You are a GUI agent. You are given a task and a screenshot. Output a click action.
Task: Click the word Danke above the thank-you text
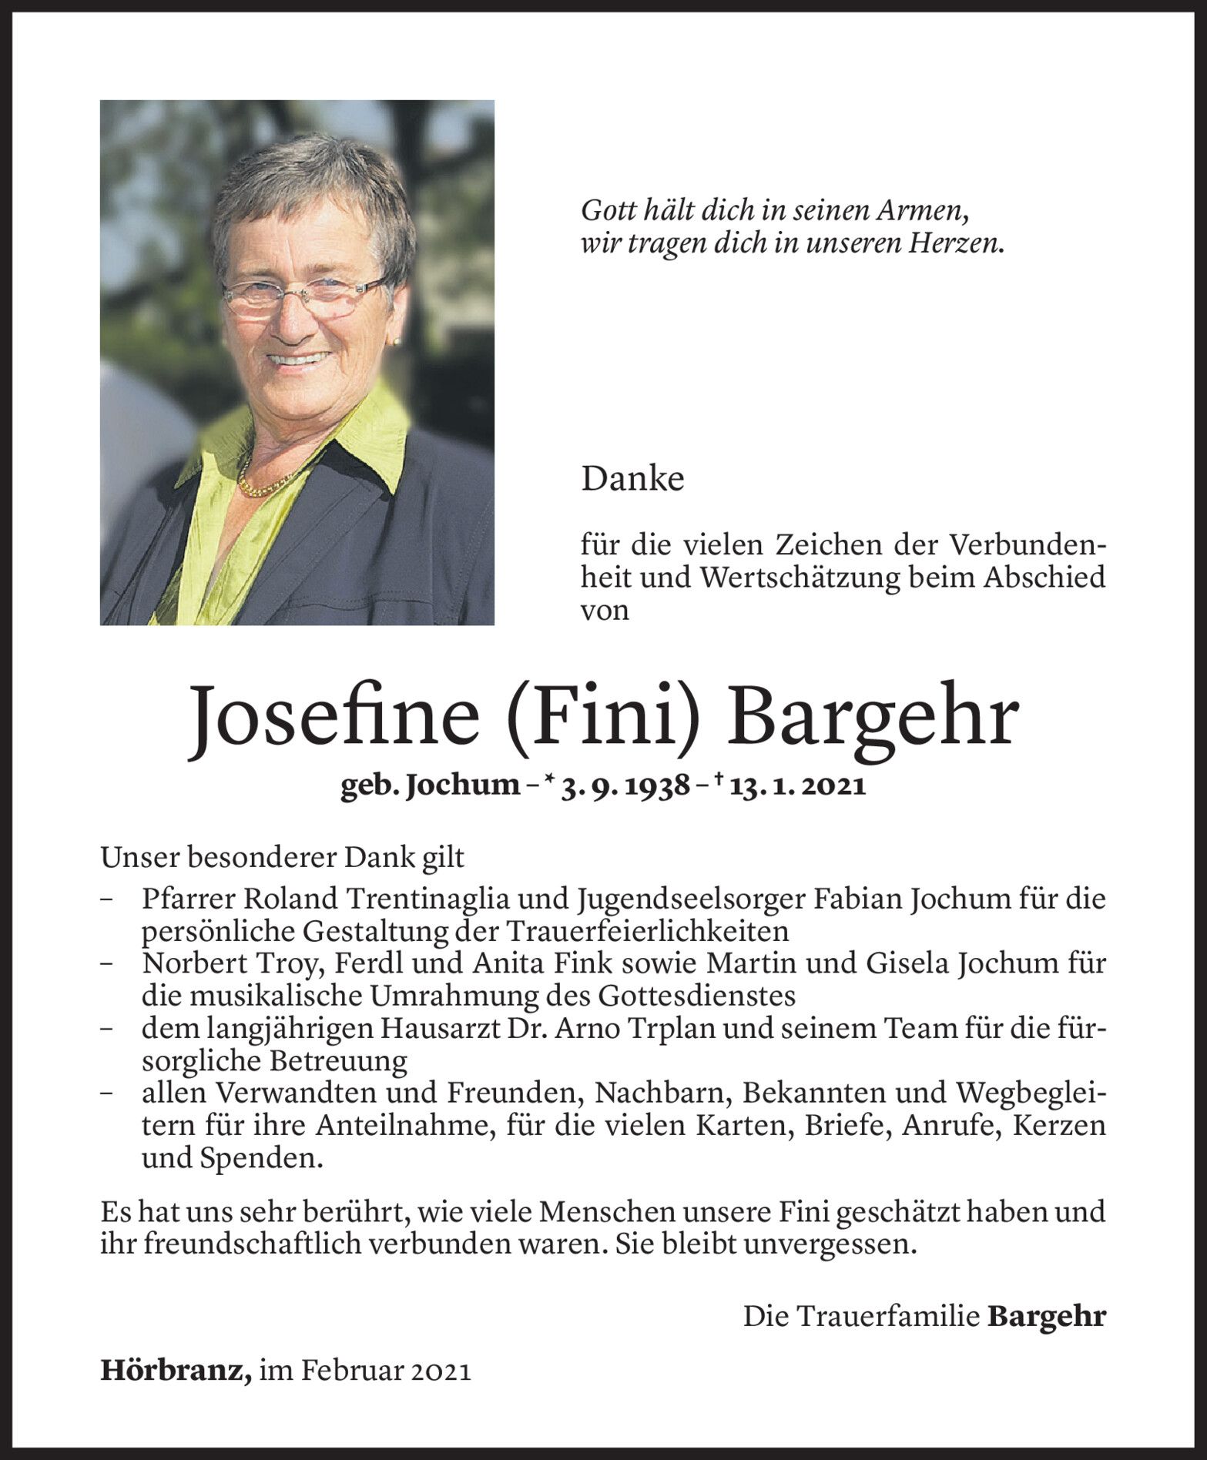coord(632,480)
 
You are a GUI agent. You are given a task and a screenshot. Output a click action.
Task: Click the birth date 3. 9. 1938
coord(625,786)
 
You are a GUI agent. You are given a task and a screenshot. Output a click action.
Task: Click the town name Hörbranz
coord(175,1371)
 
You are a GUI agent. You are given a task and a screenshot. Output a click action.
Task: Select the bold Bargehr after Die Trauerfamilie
coord(1046,1316)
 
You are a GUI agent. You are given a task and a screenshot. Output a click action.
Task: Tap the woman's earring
coord(397,340)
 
